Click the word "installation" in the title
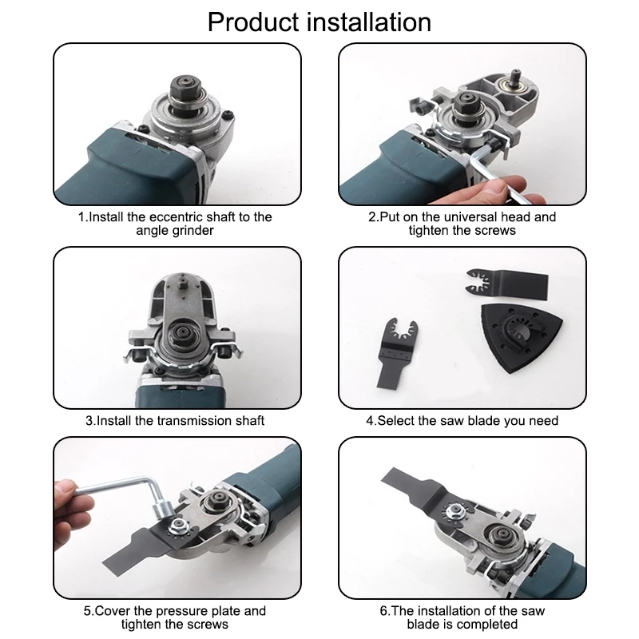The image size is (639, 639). point(374,21)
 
